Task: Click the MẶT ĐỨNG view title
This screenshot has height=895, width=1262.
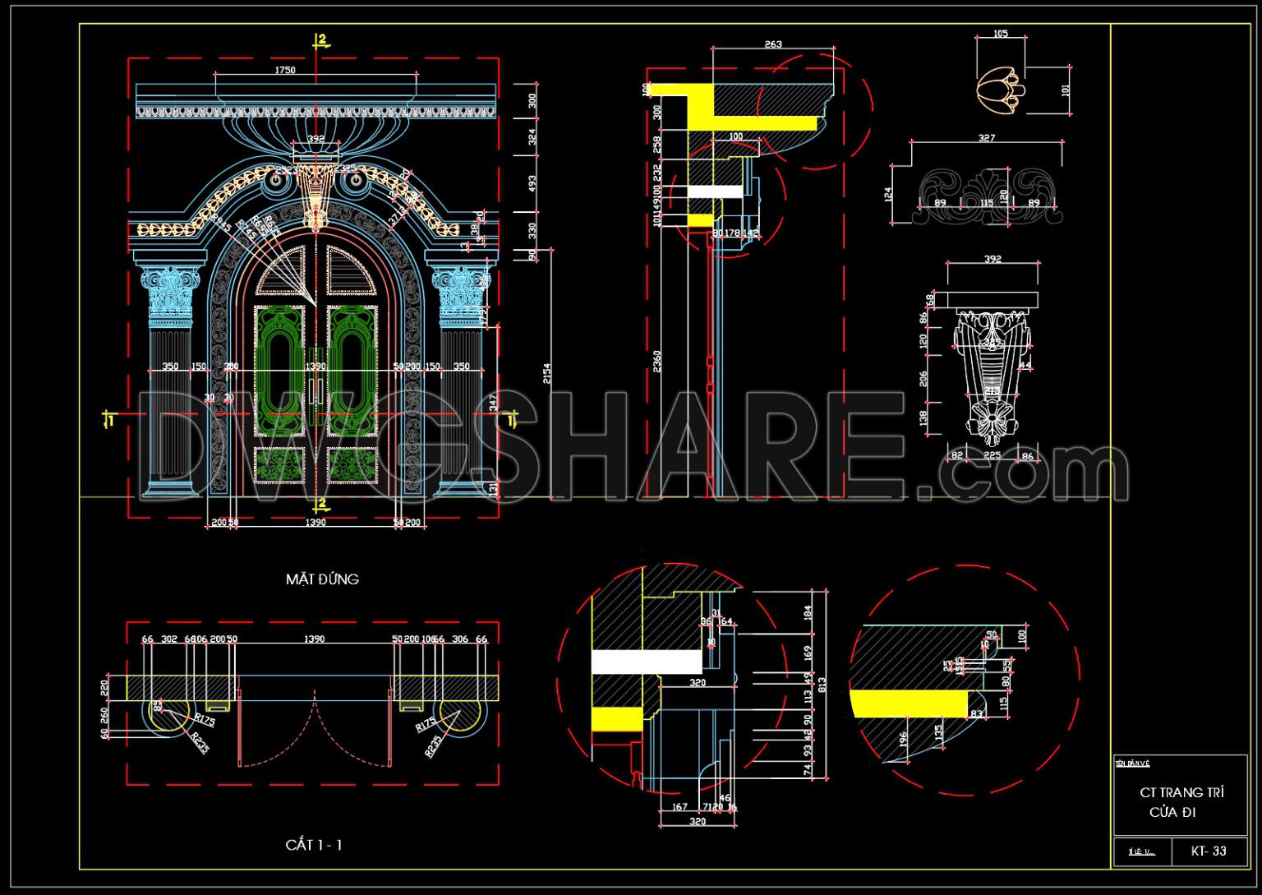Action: pyautogui.click(x=322, y=579)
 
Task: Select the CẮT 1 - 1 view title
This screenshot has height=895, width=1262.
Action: pyautogui.click(x=313, y=845)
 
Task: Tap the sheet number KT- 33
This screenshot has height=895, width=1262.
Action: pyautogui.click(x=1208, y=851)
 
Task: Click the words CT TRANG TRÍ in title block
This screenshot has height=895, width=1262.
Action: pyautogui.click(x=1181, y=793)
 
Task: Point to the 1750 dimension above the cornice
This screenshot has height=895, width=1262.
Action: pyautogui.click(x=284, y=71)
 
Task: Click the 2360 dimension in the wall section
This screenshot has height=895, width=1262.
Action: pyautogui.click(x=657, y=362)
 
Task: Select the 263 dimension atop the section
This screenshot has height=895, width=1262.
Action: pyautogui.click(x=773, y=44)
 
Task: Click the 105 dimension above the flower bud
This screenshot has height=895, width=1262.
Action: pyautogui.click(x=1000, y=34)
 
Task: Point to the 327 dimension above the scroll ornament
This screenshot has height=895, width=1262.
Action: pyautogui.click(x=986, y=138)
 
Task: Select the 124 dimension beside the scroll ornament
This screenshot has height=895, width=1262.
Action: pyautogui.click(x=888, y=195)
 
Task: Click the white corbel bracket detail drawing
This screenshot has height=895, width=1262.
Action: pyautogui.click(x=992, y=370)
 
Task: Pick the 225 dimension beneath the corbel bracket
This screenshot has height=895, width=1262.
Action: pyautogui.click(x=992, y=455)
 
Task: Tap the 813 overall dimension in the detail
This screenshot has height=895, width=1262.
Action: pyautogui.click(x=822, y=683)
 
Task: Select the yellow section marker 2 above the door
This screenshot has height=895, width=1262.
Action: pyautogui.click(x=322, y=39)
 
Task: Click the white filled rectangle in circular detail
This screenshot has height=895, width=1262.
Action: pyautogui.click(x=647, y=662)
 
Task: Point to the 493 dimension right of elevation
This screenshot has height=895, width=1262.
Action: pyautogui.click(x=532, y=184)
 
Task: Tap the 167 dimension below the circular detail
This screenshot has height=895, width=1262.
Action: pyautogui.click(x=679, y=807)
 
